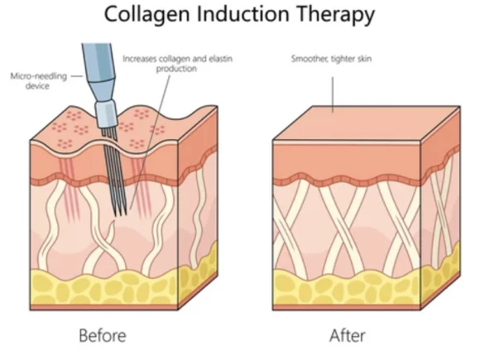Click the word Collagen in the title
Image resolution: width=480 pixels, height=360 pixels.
tap(146, 14)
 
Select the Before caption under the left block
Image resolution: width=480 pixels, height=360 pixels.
tap(103, 335)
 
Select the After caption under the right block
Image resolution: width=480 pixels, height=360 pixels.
tap(348, 335)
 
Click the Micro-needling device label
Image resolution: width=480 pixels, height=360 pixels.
tap(39, 81)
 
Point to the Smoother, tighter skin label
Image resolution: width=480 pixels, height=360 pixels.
tap(331, 59)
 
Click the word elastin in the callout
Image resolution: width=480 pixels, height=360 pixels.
tap(220, 59)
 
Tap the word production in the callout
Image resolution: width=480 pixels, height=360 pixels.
tap(176, 69)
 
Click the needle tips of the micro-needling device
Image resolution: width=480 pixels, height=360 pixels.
tap(120, 212)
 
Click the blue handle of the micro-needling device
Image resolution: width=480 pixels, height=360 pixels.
tap(98, 70)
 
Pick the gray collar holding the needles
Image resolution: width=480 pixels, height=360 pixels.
tap(107, 115)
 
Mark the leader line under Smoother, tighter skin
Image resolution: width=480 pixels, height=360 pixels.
tap(333, 94)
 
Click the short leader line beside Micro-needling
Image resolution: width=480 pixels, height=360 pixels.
tap(78, 76)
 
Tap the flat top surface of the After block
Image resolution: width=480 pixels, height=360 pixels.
tap(366, 122)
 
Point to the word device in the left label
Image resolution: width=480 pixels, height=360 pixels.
tap(37, 86)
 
